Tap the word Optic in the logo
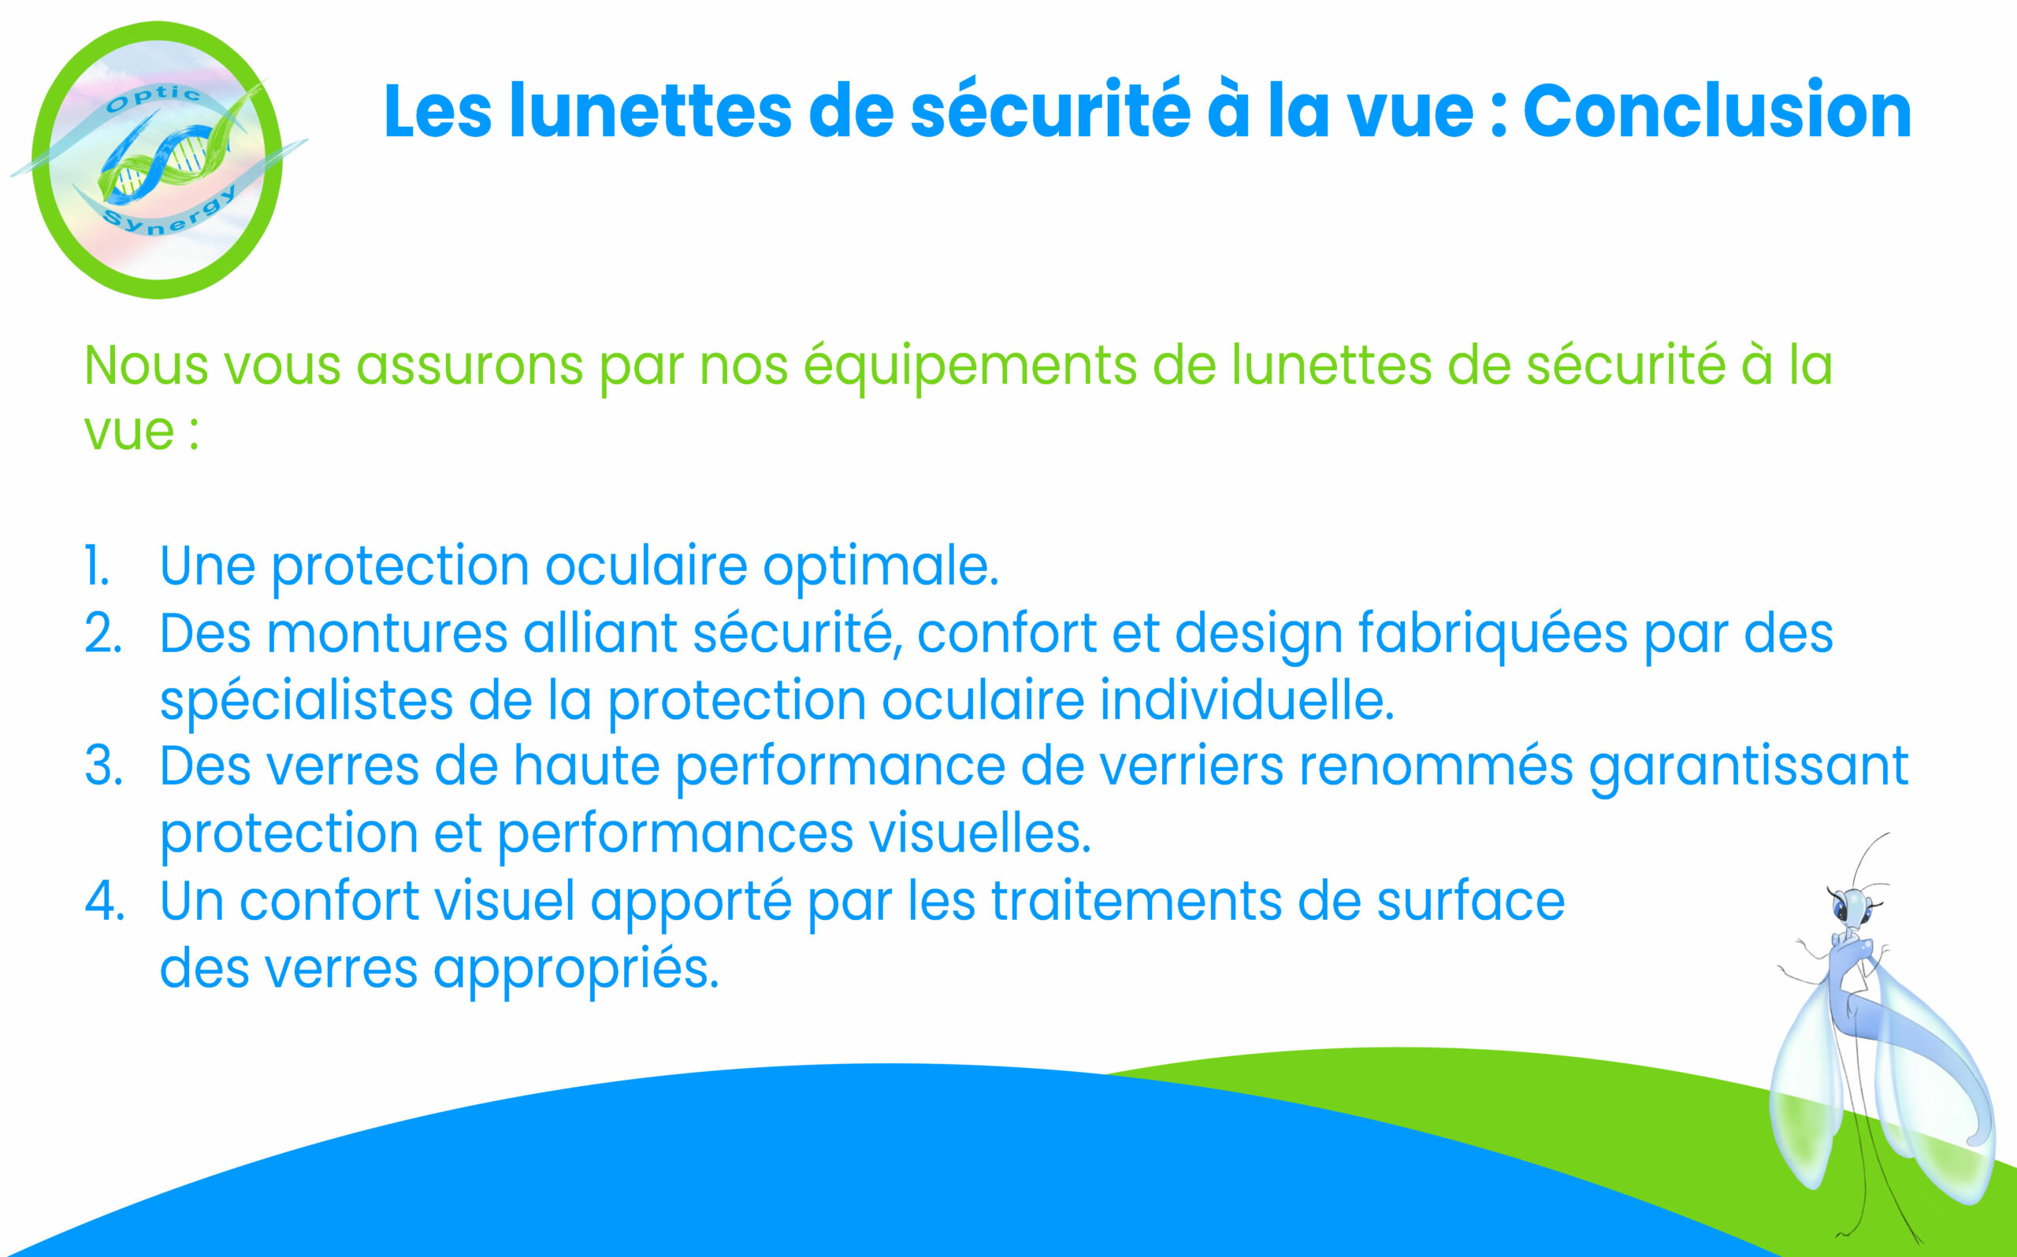[x=154, y=99]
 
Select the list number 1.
[x=97, y=566]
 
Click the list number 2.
[x=103, y=633]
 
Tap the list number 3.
[x=104, y=766]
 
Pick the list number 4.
[x=105, y=901]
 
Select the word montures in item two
[x=387, y=634]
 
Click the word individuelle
[x=1246, y=700]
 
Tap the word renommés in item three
[x=1436, y=766]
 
